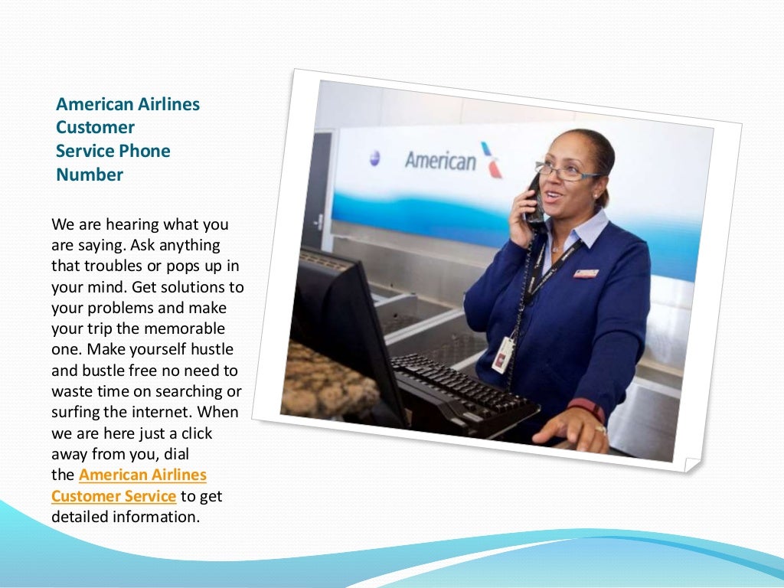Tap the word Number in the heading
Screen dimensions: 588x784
tap(90, 175)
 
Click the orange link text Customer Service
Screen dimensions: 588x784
tap(113, 496)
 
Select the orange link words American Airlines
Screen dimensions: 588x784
tap(142, 475)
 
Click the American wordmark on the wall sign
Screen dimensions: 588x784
tap(440, 161)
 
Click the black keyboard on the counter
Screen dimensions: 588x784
tap(459, 390)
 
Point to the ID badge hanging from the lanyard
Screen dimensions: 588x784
tap(503, 354)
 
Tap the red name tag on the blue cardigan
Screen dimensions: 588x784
tap(586, 273)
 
